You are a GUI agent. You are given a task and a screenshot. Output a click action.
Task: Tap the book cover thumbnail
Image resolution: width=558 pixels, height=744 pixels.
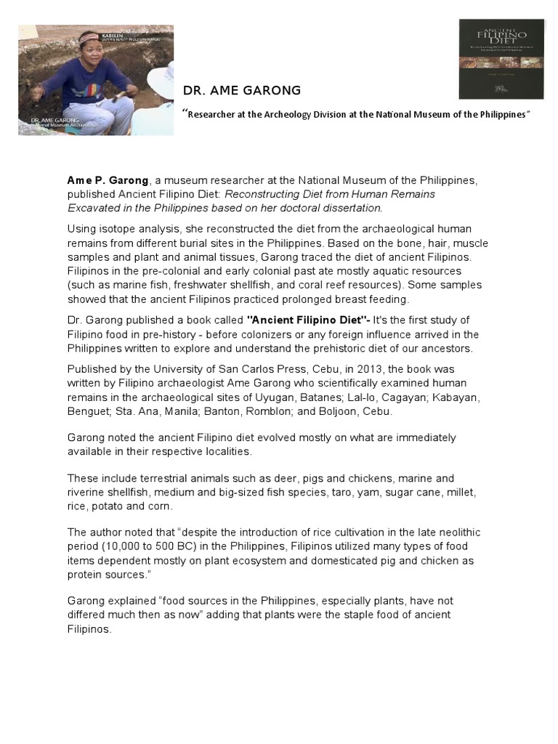click(501, 59)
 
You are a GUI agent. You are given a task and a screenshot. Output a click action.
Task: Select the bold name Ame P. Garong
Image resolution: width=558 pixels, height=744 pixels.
click(108, 181)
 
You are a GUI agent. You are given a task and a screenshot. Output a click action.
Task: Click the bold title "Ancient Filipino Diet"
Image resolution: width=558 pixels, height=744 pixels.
click(307, 320)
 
